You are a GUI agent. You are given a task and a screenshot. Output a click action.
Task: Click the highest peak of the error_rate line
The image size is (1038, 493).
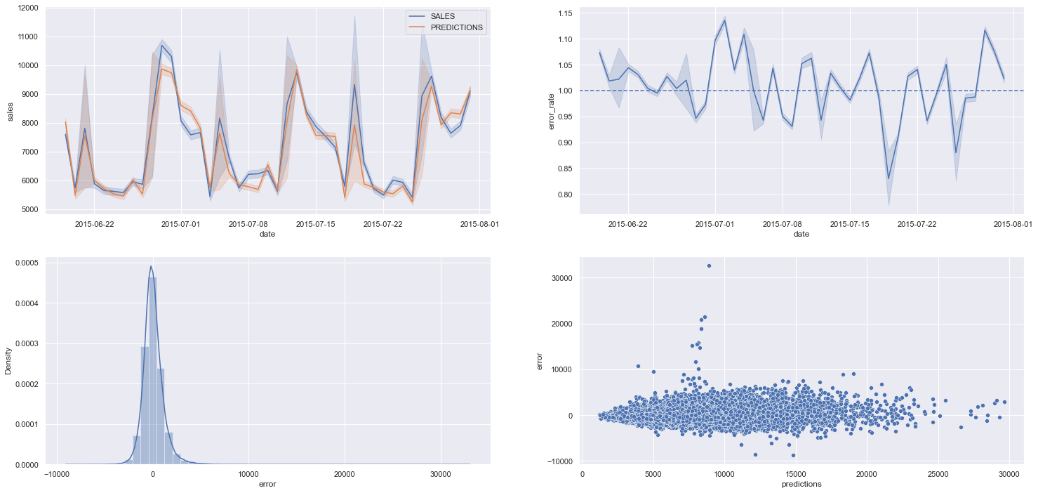(x=724, y=19)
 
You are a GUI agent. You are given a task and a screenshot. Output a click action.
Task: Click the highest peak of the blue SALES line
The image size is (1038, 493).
(x=162, y=46)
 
